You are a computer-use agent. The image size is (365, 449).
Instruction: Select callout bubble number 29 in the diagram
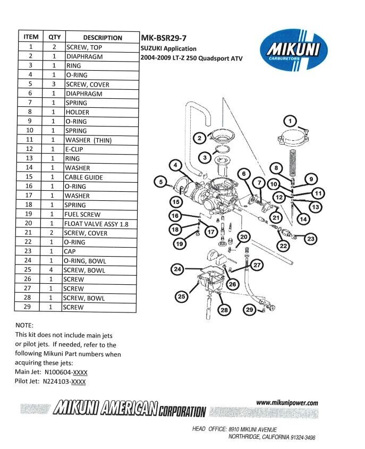250,309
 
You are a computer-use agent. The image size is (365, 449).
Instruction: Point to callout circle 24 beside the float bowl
179,269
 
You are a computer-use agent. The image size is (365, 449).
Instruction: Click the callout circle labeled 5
160,182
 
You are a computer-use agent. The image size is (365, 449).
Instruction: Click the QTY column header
54,38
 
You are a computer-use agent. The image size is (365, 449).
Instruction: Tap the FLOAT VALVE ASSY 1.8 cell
94,224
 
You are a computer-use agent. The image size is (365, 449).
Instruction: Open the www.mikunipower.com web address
287,403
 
